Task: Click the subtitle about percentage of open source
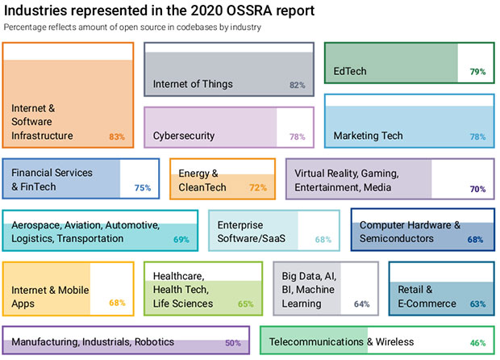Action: tap(132, 27)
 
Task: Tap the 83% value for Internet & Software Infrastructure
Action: tap(117, 137)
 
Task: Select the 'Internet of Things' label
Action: tap(193, 84)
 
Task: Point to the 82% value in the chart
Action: tap(297, 85)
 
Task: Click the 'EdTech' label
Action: tap(350, 71)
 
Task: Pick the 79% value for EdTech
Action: tap(477, 72)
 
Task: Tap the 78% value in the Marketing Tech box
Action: tap(477, 137)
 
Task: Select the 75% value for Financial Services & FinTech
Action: tap(143, 188)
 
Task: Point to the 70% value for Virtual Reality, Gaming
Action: tap(477, 189)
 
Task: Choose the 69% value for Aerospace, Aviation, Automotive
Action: tap(181, 240)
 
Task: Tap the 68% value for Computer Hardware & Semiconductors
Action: tap(475, 240)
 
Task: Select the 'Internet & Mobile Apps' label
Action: tap(50, 296)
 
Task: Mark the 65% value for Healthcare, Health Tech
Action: tap(245, 304)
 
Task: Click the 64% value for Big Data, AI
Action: tap(361, 304)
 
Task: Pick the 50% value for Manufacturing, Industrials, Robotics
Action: tap(233, 343)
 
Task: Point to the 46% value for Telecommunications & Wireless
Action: tap(477, 343)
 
